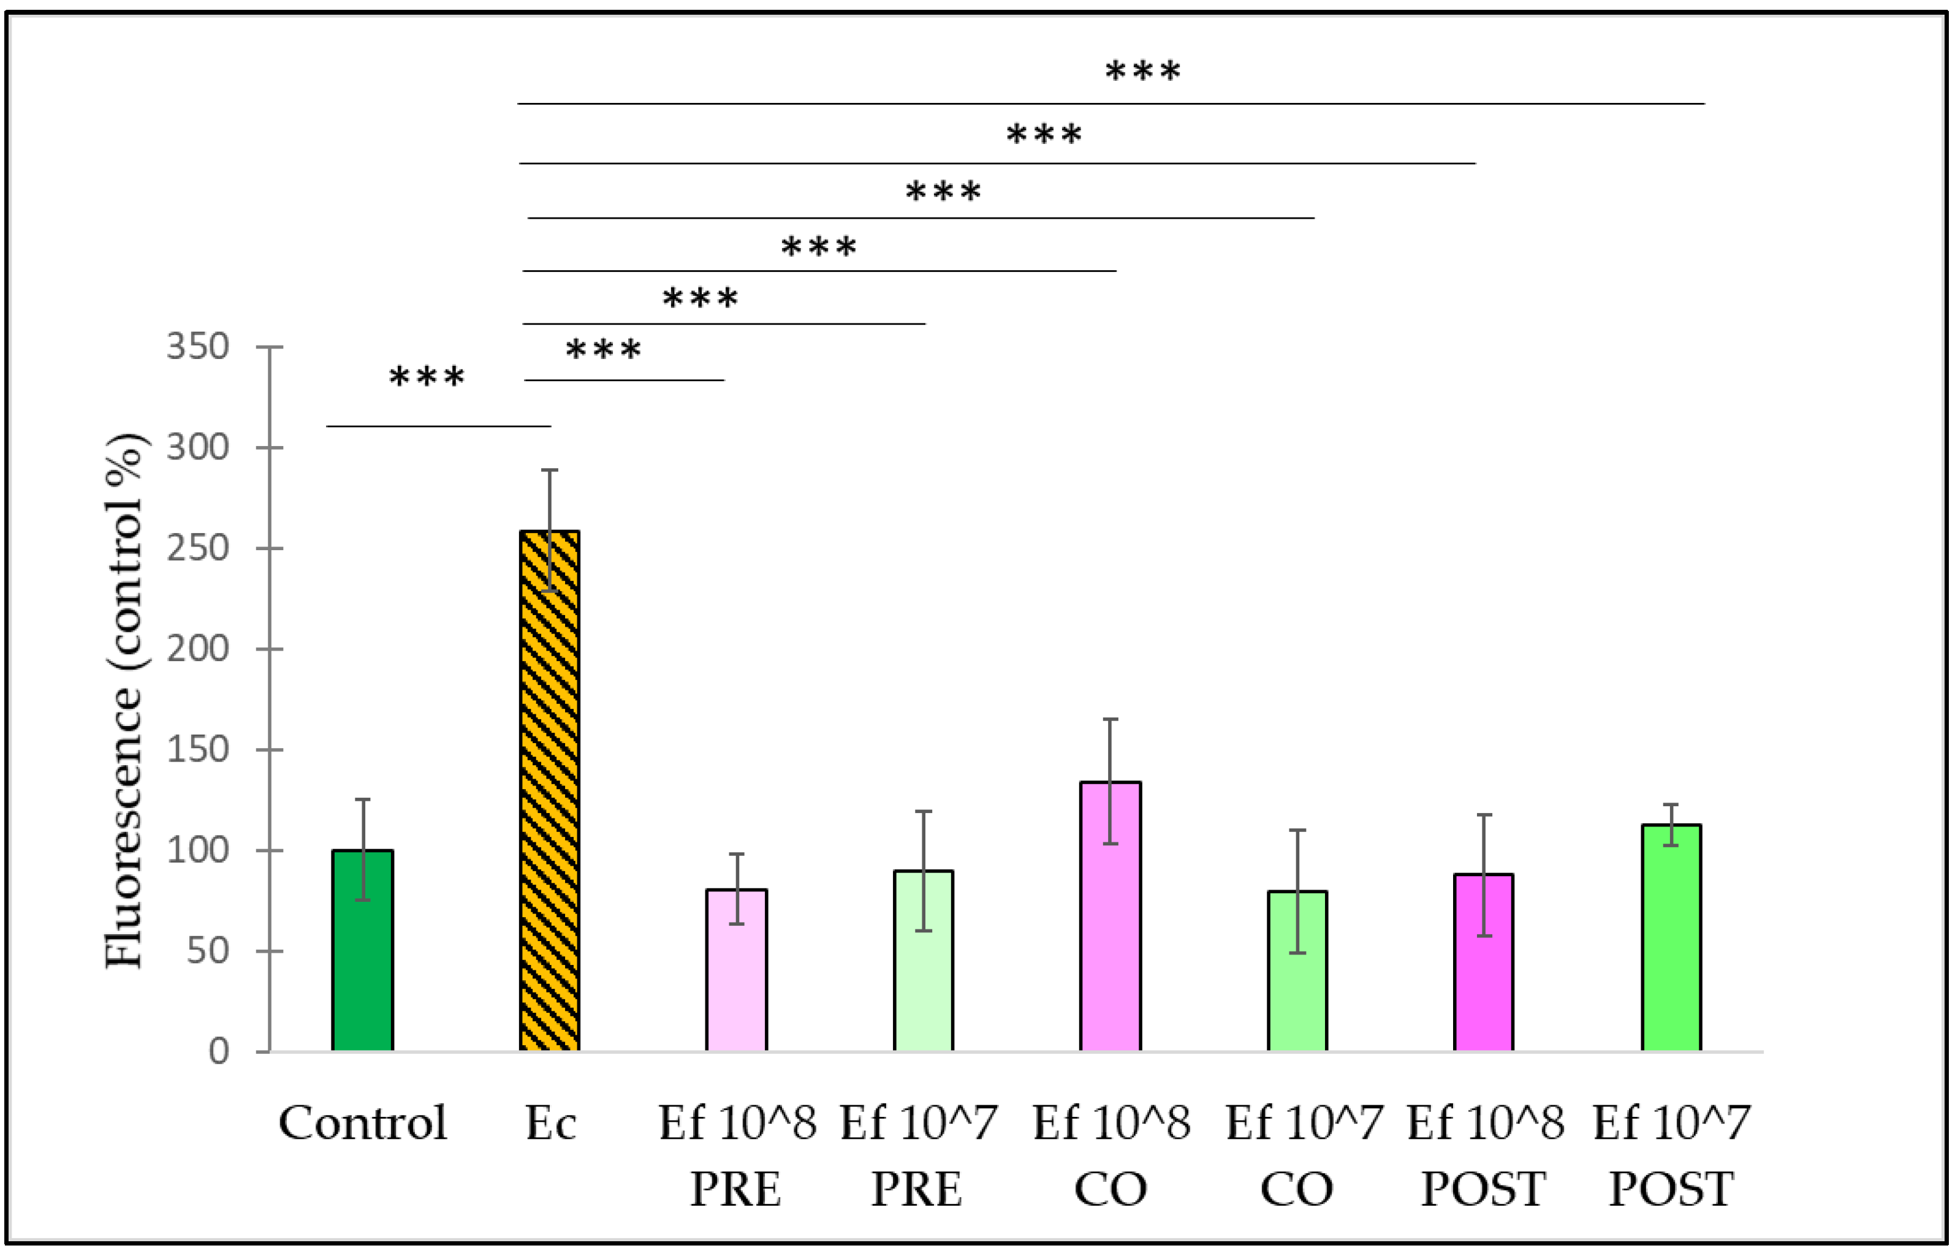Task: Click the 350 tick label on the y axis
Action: point(197,347)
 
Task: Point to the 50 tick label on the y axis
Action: point(207,951)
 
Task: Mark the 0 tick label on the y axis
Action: point(218,1051)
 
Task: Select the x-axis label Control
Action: point(362,1123)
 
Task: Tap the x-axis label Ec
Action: point(550,1123)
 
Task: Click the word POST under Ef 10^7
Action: point(1671,1190)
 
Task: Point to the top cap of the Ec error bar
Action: point(550,470)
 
